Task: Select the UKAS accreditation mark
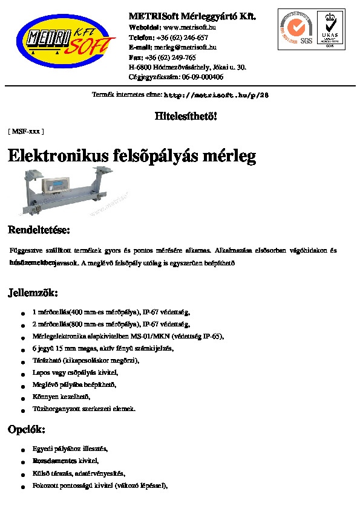coord(330,29)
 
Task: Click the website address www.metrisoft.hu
coord(190,27)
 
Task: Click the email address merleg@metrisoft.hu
coord(185,47)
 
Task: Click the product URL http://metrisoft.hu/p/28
coord(216,96)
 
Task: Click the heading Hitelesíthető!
coord(186,116)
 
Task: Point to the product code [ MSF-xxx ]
coord(25,131)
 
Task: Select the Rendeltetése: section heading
coord(39,230)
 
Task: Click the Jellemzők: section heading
coord(33,294)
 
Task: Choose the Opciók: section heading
coord(26,430)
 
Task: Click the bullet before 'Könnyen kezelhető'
coord(22,398)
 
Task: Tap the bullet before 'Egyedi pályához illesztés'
coord(22,450)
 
